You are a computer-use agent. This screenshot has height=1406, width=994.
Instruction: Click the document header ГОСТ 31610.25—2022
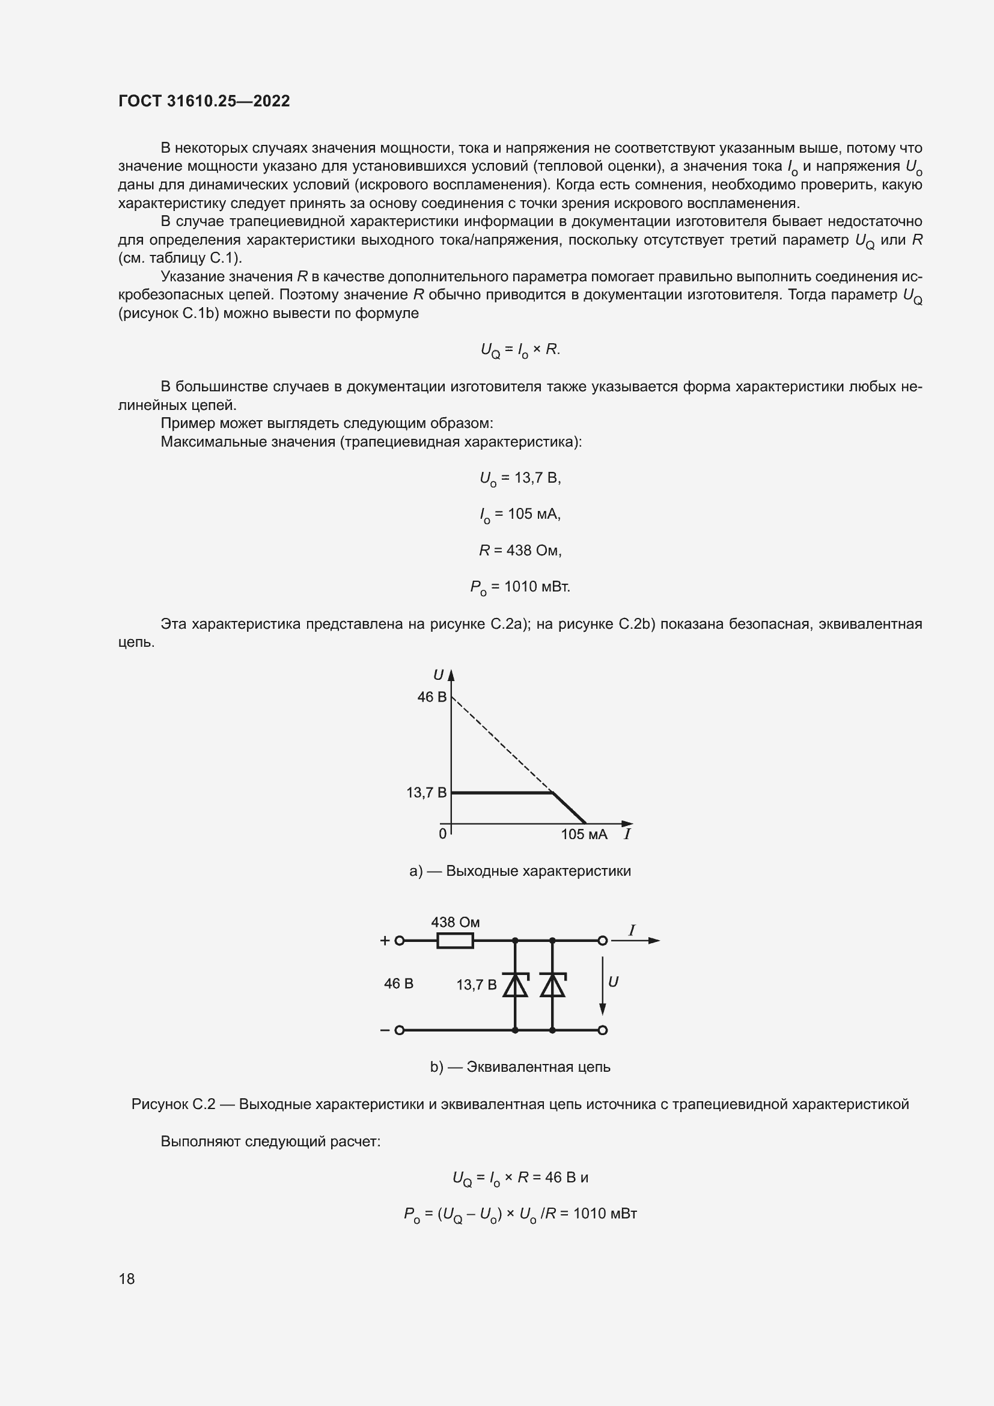204,101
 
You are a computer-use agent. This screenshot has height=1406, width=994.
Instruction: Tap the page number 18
127,1279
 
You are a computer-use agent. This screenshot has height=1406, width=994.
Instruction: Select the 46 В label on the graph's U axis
431,697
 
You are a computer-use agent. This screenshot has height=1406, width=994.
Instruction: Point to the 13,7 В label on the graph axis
426,793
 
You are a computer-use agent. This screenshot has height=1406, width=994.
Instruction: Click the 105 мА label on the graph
584,835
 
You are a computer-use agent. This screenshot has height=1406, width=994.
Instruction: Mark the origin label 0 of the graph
442,834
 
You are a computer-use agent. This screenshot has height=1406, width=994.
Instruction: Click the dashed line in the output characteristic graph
502,745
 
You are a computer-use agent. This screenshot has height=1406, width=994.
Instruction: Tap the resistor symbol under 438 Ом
455,941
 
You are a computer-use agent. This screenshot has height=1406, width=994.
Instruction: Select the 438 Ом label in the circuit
456,922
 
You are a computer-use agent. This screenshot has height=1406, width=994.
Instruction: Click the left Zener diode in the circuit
515,985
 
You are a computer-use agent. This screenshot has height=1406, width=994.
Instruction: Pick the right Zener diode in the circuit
552,985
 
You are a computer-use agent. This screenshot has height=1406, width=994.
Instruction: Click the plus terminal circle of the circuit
399,941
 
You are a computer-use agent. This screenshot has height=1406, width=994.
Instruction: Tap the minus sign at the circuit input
385,1030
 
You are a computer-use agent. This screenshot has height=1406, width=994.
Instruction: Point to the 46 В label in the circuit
398,984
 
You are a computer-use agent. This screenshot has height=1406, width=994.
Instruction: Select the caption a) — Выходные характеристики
520,871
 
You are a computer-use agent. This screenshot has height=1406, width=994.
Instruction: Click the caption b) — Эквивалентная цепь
520,1067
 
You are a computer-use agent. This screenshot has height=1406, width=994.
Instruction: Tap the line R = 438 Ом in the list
520,551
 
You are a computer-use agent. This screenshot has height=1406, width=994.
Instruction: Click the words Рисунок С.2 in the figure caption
173,1104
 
